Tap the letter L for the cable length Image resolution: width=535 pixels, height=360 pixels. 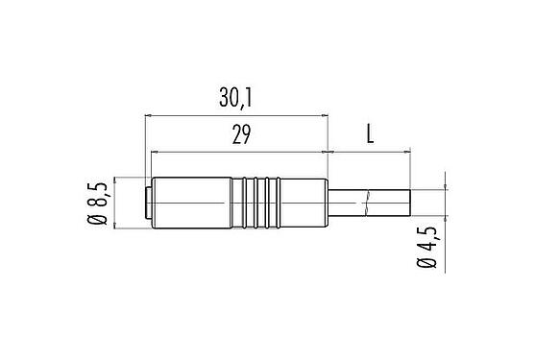click(370, 135)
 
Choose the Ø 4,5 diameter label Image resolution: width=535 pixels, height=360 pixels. click(424, 248)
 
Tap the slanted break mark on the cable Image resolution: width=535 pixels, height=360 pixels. click(367, 203)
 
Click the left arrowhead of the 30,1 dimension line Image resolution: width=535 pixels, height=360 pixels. click(148, 115)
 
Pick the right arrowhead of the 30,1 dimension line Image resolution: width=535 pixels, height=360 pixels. click(325, 115)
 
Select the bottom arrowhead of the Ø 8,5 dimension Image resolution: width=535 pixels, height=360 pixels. click(116, 227)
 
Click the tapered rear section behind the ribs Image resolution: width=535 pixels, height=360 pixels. click(305, 204)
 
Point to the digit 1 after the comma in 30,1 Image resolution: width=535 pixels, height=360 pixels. click(257, 97)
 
